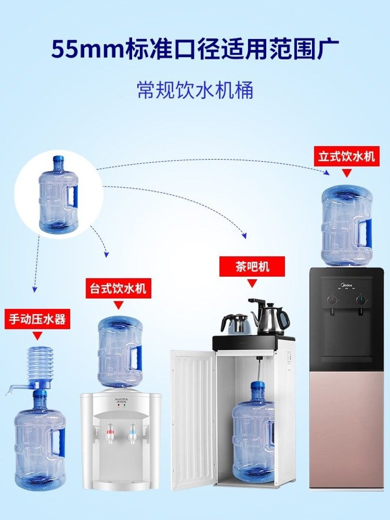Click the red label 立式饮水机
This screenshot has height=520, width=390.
tap(346, 157)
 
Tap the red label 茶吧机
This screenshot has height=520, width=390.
tap(251, 267)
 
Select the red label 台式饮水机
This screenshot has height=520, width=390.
tap(117, 288)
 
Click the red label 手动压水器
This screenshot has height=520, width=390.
tap(38, 320)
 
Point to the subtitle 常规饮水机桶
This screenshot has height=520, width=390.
tap(195, 90)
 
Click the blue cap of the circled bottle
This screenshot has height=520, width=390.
tap(58, 160)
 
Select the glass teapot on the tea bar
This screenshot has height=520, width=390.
tap(235, 324)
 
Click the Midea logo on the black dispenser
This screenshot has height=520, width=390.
tap(347, 282)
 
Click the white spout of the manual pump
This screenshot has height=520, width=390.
tap(15, 388)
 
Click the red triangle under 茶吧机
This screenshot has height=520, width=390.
tap(252, 283)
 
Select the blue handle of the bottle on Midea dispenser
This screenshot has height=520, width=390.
tap(364, 231)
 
